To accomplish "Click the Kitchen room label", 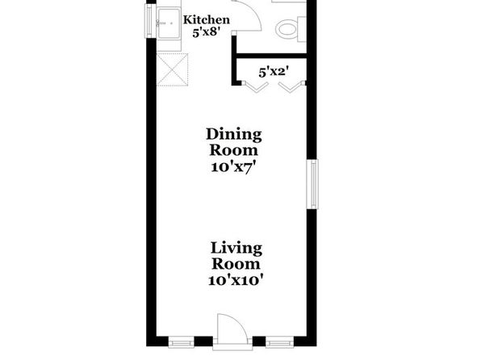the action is click(x=206, y=20).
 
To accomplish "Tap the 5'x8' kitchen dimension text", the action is click(x=207, y=32).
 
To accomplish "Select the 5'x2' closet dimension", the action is click(x=274, y=73).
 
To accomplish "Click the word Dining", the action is click(x=234, y=135).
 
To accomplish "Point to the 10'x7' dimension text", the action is click(x=233, y=168).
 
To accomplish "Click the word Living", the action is click(x=236, y=249).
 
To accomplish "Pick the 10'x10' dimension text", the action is click(x=236, y=281).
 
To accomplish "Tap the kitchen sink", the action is click(x=169, y=23).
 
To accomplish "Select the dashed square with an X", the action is click(x=172, y=69).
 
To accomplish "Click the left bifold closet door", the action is click(x=255, y=87).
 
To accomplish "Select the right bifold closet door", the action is click(x=292, y=87).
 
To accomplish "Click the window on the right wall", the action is click(x=312, y=184).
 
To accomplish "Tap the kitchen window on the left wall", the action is click(x=149, y=21).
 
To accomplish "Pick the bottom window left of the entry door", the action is click(x=182, y=342).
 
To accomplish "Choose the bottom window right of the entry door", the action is click(x=279, y=342).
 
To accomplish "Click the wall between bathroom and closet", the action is click(x=271, y=56).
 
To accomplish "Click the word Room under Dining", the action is click(x=233, y=151).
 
